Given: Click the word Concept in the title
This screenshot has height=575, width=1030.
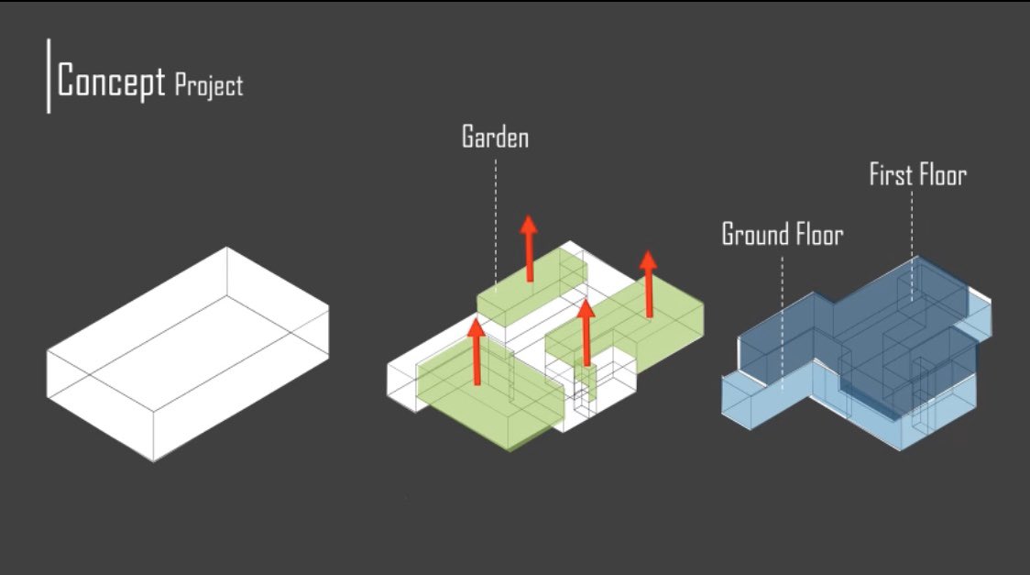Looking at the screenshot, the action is pyautogui.click(x=111, y=81).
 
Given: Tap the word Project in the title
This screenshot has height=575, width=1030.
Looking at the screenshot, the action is pyautogui.click(x=208, y=85).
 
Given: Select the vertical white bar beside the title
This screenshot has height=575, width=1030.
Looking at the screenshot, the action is pyautogui.click(x=49, y=75).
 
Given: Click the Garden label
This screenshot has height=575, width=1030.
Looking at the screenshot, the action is pyautogui.click(x=495, y=138).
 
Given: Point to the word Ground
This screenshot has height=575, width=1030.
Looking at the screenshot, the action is pyautogui.click(x=753, y=235).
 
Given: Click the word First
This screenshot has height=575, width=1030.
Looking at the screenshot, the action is pyautogui.click(x=888, y=174).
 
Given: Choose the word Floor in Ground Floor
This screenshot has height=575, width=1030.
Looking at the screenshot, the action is pyautogui.click(x=814, y=235).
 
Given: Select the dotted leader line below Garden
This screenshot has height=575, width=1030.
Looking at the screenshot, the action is pyautogui.click(x=497, y=220).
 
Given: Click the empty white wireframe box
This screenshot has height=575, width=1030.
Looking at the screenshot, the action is pyautogui.click(x=188, y=353).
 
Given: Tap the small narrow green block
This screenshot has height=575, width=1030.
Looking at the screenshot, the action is pyautogui.click(x=587, y=381).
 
